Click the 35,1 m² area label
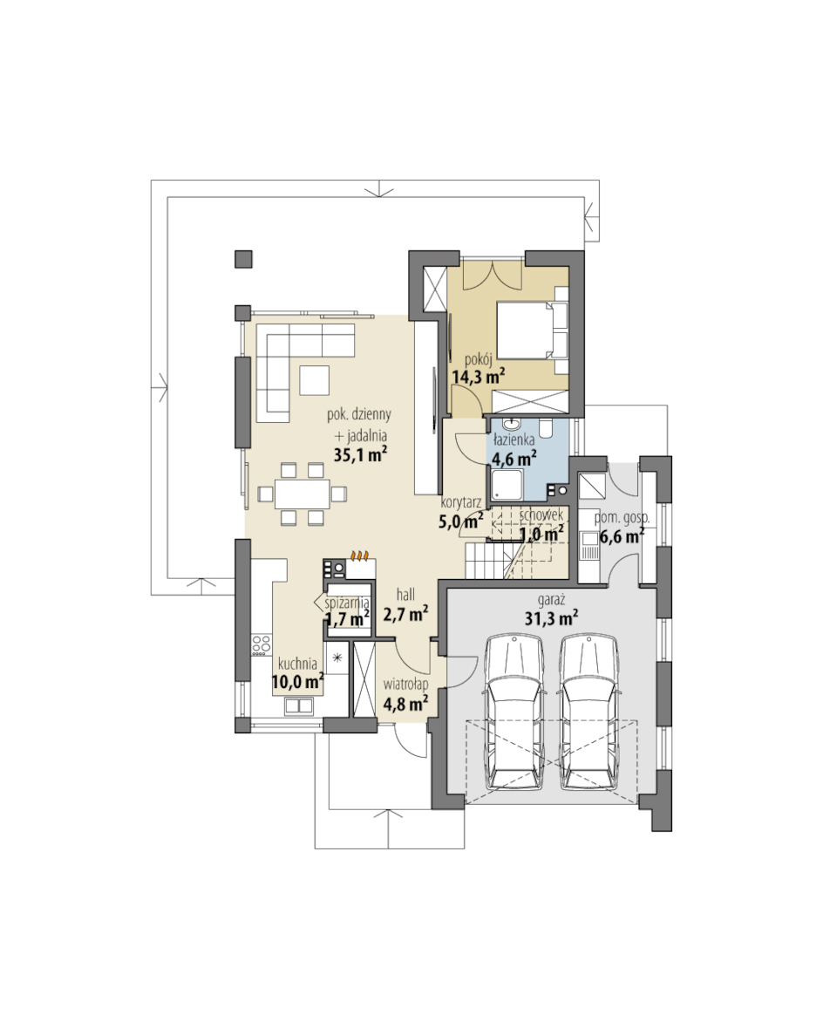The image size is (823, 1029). coord(360,454)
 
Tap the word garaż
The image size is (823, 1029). coord(551,598)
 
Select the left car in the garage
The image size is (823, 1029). coord(514,712)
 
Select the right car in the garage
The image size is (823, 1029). coord(590,712)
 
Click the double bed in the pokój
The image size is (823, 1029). coord(533,330)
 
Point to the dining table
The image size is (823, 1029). coord(302,494)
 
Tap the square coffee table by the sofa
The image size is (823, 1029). coord(315,380)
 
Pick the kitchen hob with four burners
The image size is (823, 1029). coord(262,644)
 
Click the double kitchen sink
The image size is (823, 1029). coord(299,706)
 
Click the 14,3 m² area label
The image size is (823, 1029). coord(479,376)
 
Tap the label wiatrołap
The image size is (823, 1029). coord(405,685)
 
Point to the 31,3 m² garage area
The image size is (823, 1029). coord(551,617)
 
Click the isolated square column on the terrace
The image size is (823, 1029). coord(243,259)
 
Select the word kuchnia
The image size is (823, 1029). coord(297,664)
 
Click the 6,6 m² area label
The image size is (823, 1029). coord(620,536)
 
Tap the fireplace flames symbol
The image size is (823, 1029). coord(358,555)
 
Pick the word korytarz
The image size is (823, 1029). coord(460,503)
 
